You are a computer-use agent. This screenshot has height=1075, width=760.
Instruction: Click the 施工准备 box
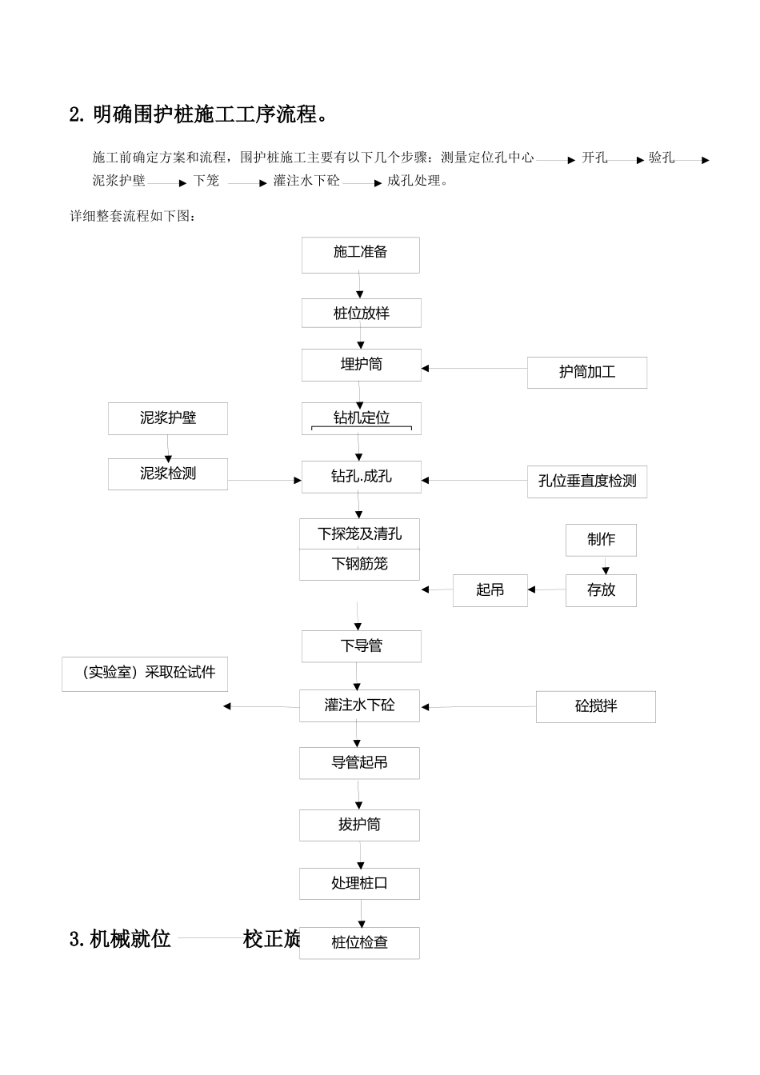pyautogui.click(x=360, y=254)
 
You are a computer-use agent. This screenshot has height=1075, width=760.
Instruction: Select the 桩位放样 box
pyautogui.click(x=361, y=313)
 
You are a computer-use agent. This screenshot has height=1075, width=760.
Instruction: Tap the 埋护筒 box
pyautogui.click(x=361, y=365)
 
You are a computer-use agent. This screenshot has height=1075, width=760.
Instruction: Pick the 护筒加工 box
pyautogui.click(x=586, y=373)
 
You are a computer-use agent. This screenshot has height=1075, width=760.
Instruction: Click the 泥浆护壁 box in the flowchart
pyautogui.click(x=167, y=418)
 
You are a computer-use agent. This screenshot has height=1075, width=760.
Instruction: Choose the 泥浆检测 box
pyautogui.click(x=167, y=474)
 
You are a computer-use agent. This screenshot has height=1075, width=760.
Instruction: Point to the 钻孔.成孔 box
pyautogui.click(x=361, y=477)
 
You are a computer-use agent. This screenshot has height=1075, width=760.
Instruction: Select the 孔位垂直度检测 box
pyautogui.click(x=586, y=482)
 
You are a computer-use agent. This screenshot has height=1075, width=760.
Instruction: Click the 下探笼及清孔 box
pyautogui.click(x=359, y=534)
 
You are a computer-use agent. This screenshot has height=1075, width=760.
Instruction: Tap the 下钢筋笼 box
pyautogui.click(x=359, y=565)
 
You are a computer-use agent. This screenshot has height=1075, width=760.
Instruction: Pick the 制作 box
pyautogui.click(x=601, y=540)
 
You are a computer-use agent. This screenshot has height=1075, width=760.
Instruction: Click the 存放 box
pyautogui.click(x=601, y=590)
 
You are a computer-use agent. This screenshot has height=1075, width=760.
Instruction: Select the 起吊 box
pyautogui.click(x=490, y=590)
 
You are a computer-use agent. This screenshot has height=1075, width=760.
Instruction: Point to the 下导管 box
pyautogui.click(x=361, y=646)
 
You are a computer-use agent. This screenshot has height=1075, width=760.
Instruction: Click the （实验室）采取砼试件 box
pyautogui.click(x=145, y=673)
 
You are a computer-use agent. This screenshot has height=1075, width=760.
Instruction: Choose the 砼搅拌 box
pyautogui.click(x=595, y=707)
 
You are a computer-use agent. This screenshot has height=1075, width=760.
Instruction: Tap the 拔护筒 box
pyautogui.click(x=359, y=825)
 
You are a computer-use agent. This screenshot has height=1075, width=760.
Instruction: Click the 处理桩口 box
pyautogui.click(x=359, y=883)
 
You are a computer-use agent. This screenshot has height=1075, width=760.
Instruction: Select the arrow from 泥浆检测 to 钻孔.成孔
pyautogui.click(x=264, y=480)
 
